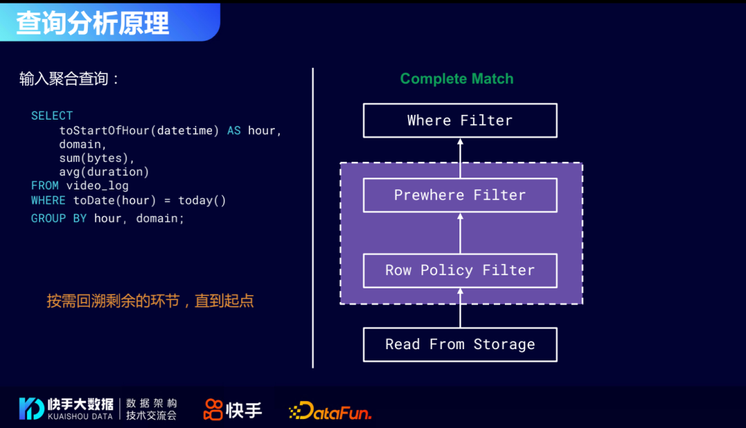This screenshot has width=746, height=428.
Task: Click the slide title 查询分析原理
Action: (x=93, y=23)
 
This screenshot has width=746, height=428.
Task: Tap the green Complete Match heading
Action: (x=457, y=79)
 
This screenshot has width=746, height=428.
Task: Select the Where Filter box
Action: (x=460, y=120)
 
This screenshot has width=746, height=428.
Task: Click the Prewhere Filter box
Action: (x=460, y=195)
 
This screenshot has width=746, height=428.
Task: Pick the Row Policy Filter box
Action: (x=460, y=270)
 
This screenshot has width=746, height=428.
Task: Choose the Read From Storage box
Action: (x=460, y=344)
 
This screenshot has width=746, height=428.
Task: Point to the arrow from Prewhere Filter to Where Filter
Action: (x=460, y=158)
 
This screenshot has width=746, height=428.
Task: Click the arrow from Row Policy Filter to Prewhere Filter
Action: (x=460, y=233)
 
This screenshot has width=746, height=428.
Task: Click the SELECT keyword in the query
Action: (x=52, y=115)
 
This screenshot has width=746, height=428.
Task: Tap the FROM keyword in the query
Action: (x=45, y=185)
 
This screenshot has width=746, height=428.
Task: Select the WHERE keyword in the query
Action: (x=48, y=201)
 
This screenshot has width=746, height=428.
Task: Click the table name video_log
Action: (x=97, y=185)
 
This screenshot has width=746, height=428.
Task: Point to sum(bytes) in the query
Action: (x=97, y=158)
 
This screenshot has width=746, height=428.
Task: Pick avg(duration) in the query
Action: (x=104, y=171)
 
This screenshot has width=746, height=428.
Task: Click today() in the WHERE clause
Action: (x=202, y=201)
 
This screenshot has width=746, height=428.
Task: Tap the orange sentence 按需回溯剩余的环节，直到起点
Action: (x=150, y=301)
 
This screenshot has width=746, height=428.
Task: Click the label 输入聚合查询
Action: (x=69, y=79)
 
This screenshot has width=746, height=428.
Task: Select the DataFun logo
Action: (x=330, y=411)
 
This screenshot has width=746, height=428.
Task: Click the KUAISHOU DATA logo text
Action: (x=80, y=416)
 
